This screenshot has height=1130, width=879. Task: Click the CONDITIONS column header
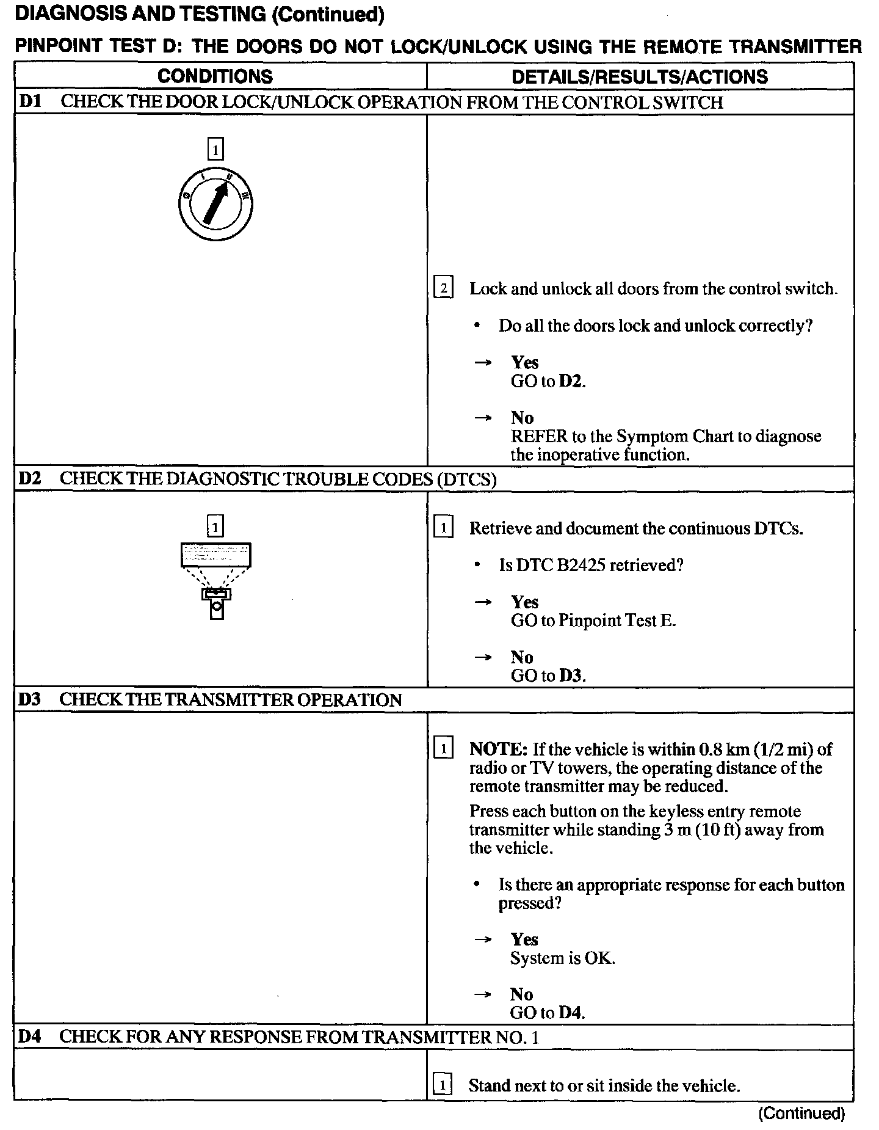coord(215,76)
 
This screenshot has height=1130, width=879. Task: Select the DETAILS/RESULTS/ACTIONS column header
coord(639,76)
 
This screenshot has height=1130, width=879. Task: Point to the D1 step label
coord(29,102)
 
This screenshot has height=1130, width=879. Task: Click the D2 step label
coord(29,479)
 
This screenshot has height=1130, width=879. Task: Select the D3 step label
coord(29,699)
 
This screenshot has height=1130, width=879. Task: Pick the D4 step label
coord(29,1037)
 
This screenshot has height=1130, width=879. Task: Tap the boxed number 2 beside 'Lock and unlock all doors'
coord(443,288)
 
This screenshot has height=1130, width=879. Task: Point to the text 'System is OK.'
coord(562,958)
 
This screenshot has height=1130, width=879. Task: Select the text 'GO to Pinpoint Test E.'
coord(593,621)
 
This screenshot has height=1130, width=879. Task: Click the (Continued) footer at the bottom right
coord(801,1113)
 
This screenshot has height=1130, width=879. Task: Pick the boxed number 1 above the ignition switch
coord(215,149)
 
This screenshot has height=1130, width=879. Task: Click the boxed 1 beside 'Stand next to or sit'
coord(443,1085)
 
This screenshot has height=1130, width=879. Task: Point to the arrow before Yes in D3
coord(483,939)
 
